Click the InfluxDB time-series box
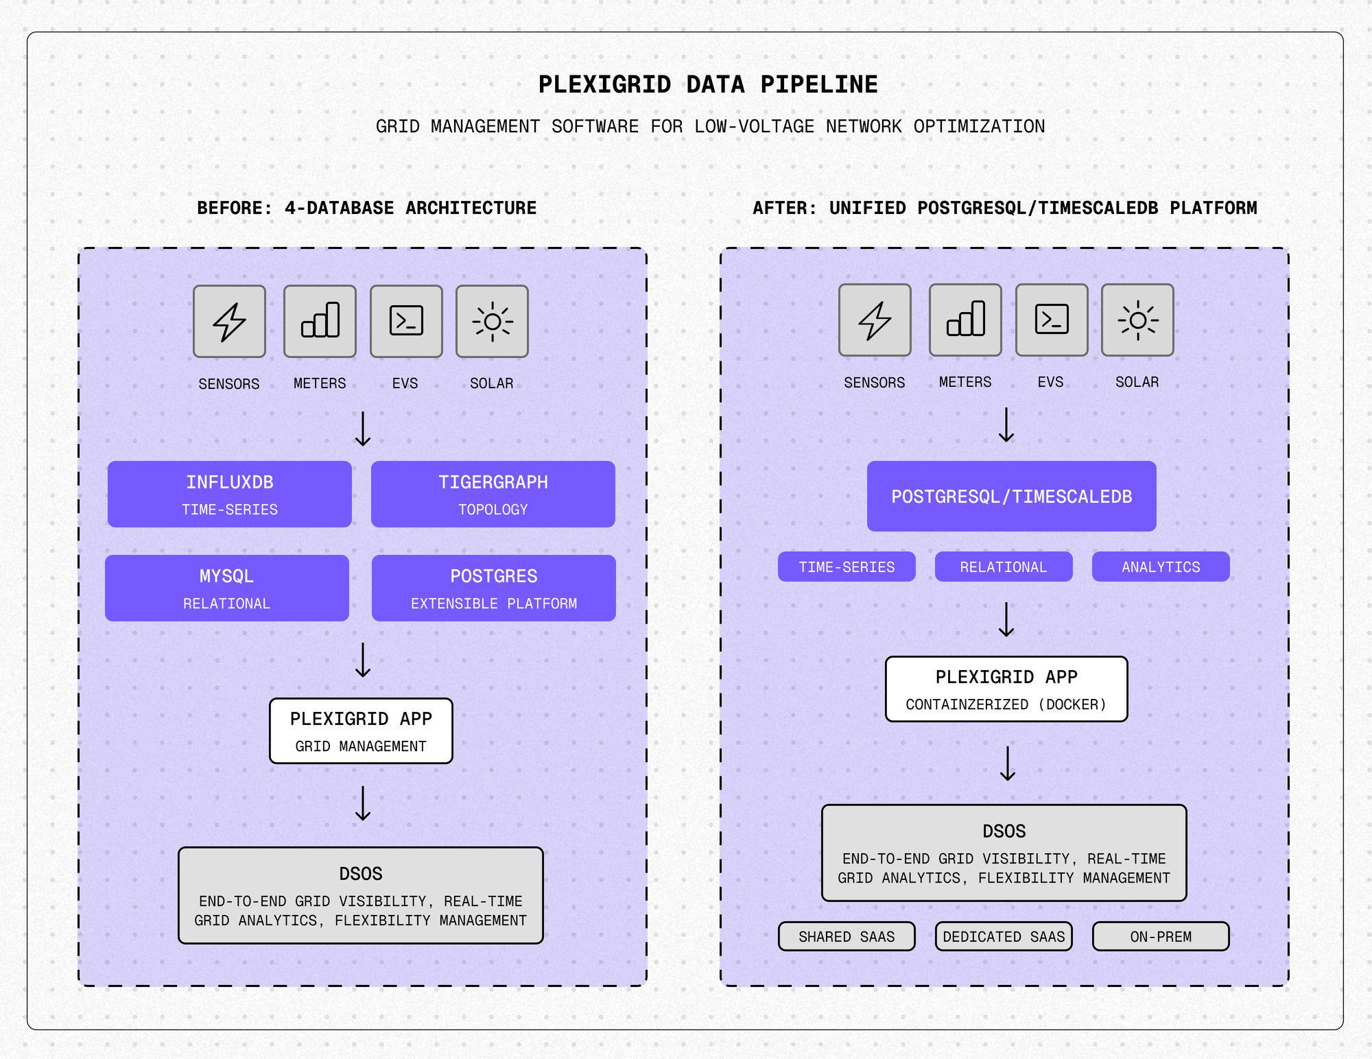pyautogui.click(x=229, y=495)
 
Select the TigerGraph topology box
pyautogui.click(x=493, y=495)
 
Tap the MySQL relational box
pyautogui.click(x=226, y=588)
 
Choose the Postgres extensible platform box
pyautogui.click(x=493, y=588)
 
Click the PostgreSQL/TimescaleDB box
pyautogui.click(x=1011, y=497)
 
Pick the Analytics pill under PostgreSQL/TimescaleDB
pyautogui.click(x=1160, y=567)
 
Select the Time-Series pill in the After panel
pyautogui.click(x=846, y=567)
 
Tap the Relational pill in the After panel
pyautogui.click(x=1003, y=567)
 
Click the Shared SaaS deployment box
pyautogui.click(x=846, y=936)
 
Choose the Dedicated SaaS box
pyautogui.click(x=1003, y=936)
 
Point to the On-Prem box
pyautogui.click(x=1160, y=936)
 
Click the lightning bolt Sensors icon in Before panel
pyautogui.click(x=229, y=322)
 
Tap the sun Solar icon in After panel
pyautogui.click(x=1137, y=320)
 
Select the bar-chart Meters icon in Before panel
pyautogui.click(x=320, y=322)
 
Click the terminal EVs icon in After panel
pyautogui.click(x=1051, y=320)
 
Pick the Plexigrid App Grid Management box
pyautogui.click(x=361, y=731)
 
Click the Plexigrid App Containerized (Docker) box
pyautogui.click(x=1006, y=689)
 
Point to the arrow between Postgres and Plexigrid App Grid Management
pyautogui.click(x=363, y=661)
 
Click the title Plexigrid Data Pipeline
pyautogui.click(x=707, y=85)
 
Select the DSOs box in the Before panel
pyautogui.click(x=361, y=896)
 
